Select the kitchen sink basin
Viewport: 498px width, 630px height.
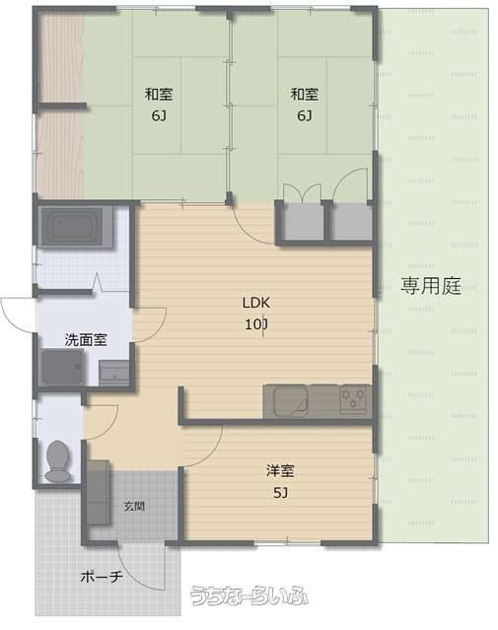[290, 401]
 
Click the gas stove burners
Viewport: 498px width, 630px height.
[354, 398]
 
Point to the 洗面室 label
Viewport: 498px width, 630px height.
[86, 340]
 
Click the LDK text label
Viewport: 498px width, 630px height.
[256, 303]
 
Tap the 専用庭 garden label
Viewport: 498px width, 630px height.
[431, 286]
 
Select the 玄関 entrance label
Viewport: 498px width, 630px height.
[134, 506]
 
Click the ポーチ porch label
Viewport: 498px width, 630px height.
[102, 577]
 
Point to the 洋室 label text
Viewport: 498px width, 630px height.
[280, 470]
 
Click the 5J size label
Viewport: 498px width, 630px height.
[280, 492]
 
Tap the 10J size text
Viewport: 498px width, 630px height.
[256, 323]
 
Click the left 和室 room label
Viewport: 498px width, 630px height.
[159, 94]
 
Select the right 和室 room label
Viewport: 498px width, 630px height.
[305, 94]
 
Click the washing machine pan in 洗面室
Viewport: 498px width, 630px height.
[62, 367]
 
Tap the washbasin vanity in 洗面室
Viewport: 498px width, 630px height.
[114, 373]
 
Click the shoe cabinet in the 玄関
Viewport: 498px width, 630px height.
[98, 493]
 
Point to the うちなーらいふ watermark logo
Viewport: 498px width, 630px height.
[249, 595]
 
